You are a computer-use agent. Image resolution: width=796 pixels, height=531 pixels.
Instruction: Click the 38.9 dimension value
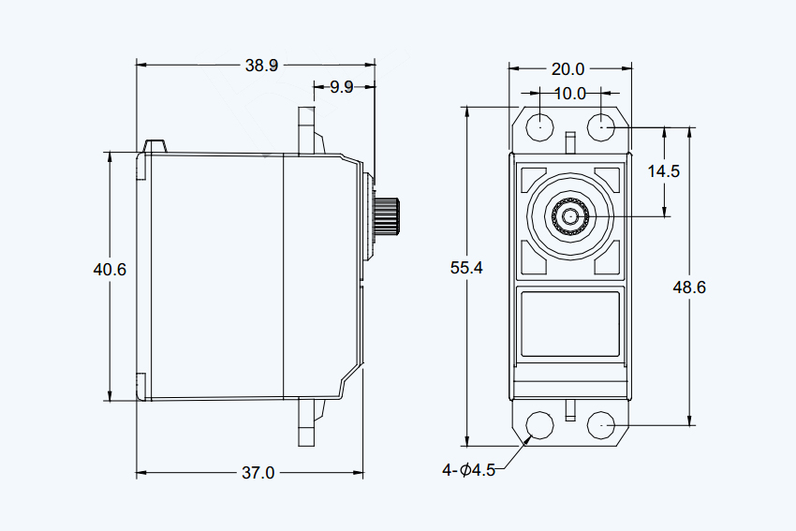261,66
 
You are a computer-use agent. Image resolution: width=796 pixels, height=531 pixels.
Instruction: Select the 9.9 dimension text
342,87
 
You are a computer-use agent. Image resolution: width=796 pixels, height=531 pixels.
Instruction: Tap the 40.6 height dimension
110,269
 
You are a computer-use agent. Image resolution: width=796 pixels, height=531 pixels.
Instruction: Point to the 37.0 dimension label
258,473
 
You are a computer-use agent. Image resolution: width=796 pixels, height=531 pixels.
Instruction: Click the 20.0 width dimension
568,69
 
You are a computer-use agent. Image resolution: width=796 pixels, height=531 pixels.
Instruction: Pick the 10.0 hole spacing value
570,94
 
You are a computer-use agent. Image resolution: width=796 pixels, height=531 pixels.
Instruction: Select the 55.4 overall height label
466,268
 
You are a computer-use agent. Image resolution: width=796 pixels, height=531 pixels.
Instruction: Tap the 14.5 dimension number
664,171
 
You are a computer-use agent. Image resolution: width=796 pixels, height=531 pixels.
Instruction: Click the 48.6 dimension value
689,288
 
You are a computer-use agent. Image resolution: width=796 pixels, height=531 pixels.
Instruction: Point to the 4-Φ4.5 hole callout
468,470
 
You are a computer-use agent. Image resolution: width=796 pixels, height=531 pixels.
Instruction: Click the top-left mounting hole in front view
539,127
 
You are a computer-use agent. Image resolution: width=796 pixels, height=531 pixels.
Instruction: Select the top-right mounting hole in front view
601,127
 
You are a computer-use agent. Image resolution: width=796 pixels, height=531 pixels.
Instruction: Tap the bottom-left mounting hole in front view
539,424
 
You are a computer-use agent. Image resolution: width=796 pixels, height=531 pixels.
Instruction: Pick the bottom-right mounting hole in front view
601,424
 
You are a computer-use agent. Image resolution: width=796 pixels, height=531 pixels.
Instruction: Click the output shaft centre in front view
570,216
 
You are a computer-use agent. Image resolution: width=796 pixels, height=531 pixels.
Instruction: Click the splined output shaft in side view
387,216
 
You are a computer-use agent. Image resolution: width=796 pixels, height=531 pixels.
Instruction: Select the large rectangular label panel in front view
570,324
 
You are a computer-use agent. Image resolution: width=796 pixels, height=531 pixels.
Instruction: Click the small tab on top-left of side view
155,146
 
